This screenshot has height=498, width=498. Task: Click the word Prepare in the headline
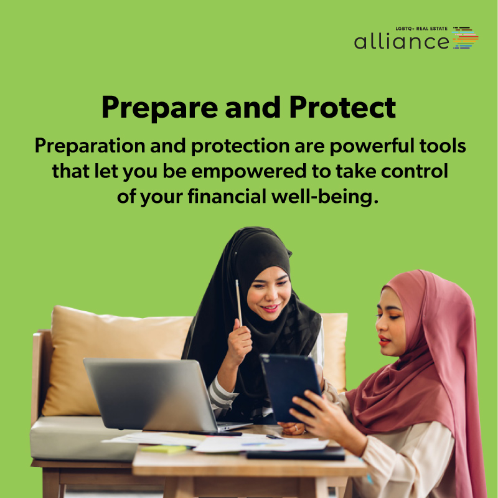(160, 108)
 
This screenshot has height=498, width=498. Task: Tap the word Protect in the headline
(342, 107)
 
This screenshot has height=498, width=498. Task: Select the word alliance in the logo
(402, 41)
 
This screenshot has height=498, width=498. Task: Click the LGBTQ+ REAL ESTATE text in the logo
(421, 29)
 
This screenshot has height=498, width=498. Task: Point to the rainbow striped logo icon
(465, 37)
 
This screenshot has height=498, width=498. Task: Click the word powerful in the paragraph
(372, 146)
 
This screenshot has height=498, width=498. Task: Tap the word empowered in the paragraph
(249, 172)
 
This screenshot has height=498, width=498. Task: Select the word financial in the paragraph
(227, 196)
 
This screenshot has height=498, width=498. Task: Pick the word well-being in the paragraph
(325, 197)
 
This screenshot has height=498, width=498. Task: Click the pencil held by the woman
(238, 303)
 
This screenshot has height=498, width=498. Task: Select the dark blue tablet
(291, 387)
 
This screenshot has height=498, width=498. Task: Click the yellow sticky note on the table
(164, 449)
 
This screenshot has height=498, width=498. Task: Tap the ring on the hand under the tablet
(296, 428)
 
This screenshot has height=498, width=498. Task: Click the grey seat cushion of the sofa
(83, 438)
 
